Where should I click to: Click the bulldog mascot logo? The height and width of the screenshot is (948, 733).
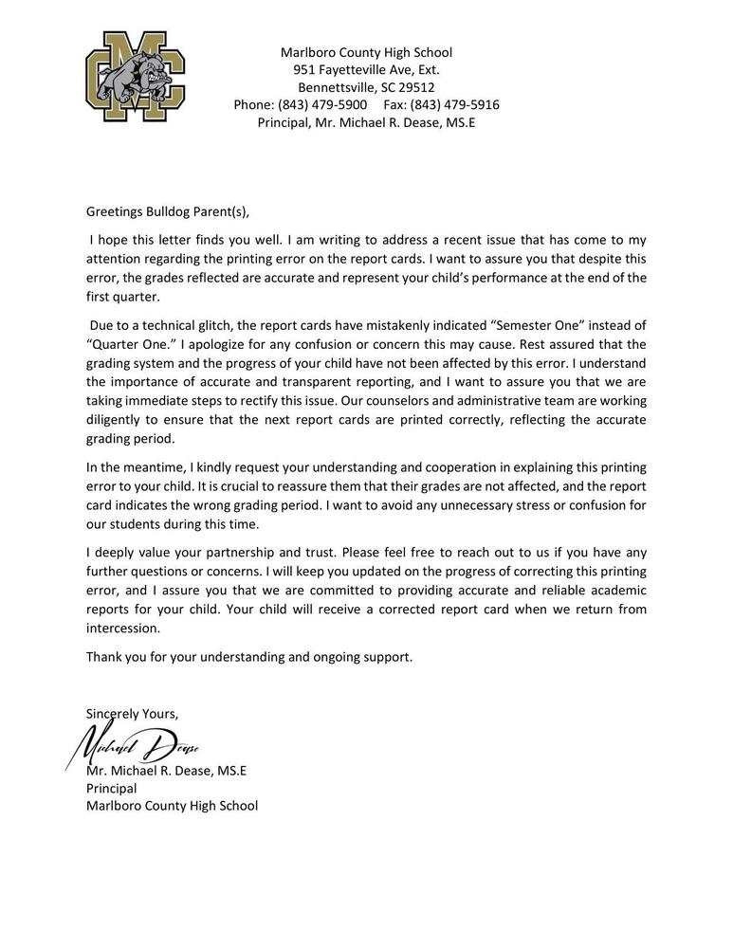135,77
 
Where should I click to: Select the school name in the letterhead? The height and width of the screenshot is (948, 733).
366,53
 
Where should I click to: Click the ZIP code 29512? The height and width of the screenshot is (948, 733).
415,87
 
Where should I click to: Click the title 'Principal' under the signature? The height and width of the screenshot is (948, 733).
111,788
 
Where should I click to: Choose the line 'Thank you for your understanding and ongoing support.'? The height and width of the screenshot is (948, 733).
249,656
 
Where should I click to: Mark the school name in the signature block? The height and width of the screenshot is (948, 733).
172,806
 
